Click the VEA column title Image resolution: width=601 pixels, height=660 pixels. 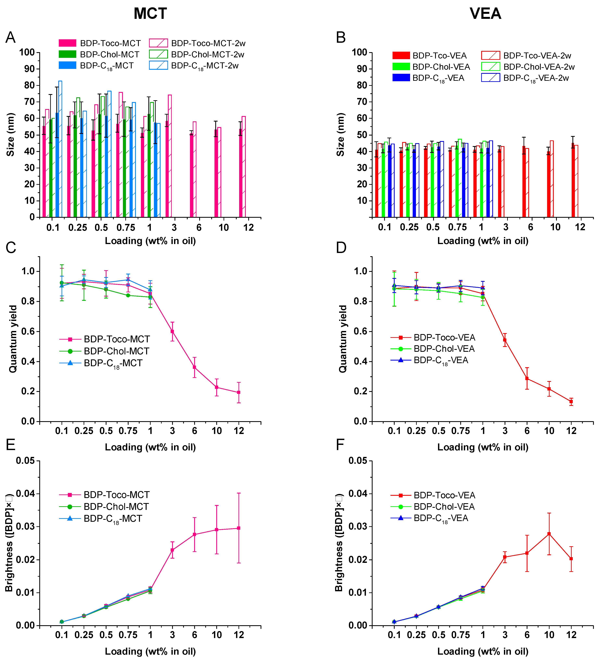click(x=485, y=14)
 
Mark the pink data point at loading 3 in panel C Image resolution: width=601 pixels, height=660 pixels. click(x=172, y=331)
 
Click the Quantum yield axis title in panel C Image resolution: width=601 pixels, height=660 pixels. click(x=13, y=339)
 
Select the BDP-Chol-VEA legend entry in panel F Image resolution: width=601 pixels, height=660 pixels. click(x=444, y=507)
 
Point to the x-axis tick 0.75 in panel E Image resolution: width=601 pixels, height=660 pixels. click(x=128, y=635)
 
